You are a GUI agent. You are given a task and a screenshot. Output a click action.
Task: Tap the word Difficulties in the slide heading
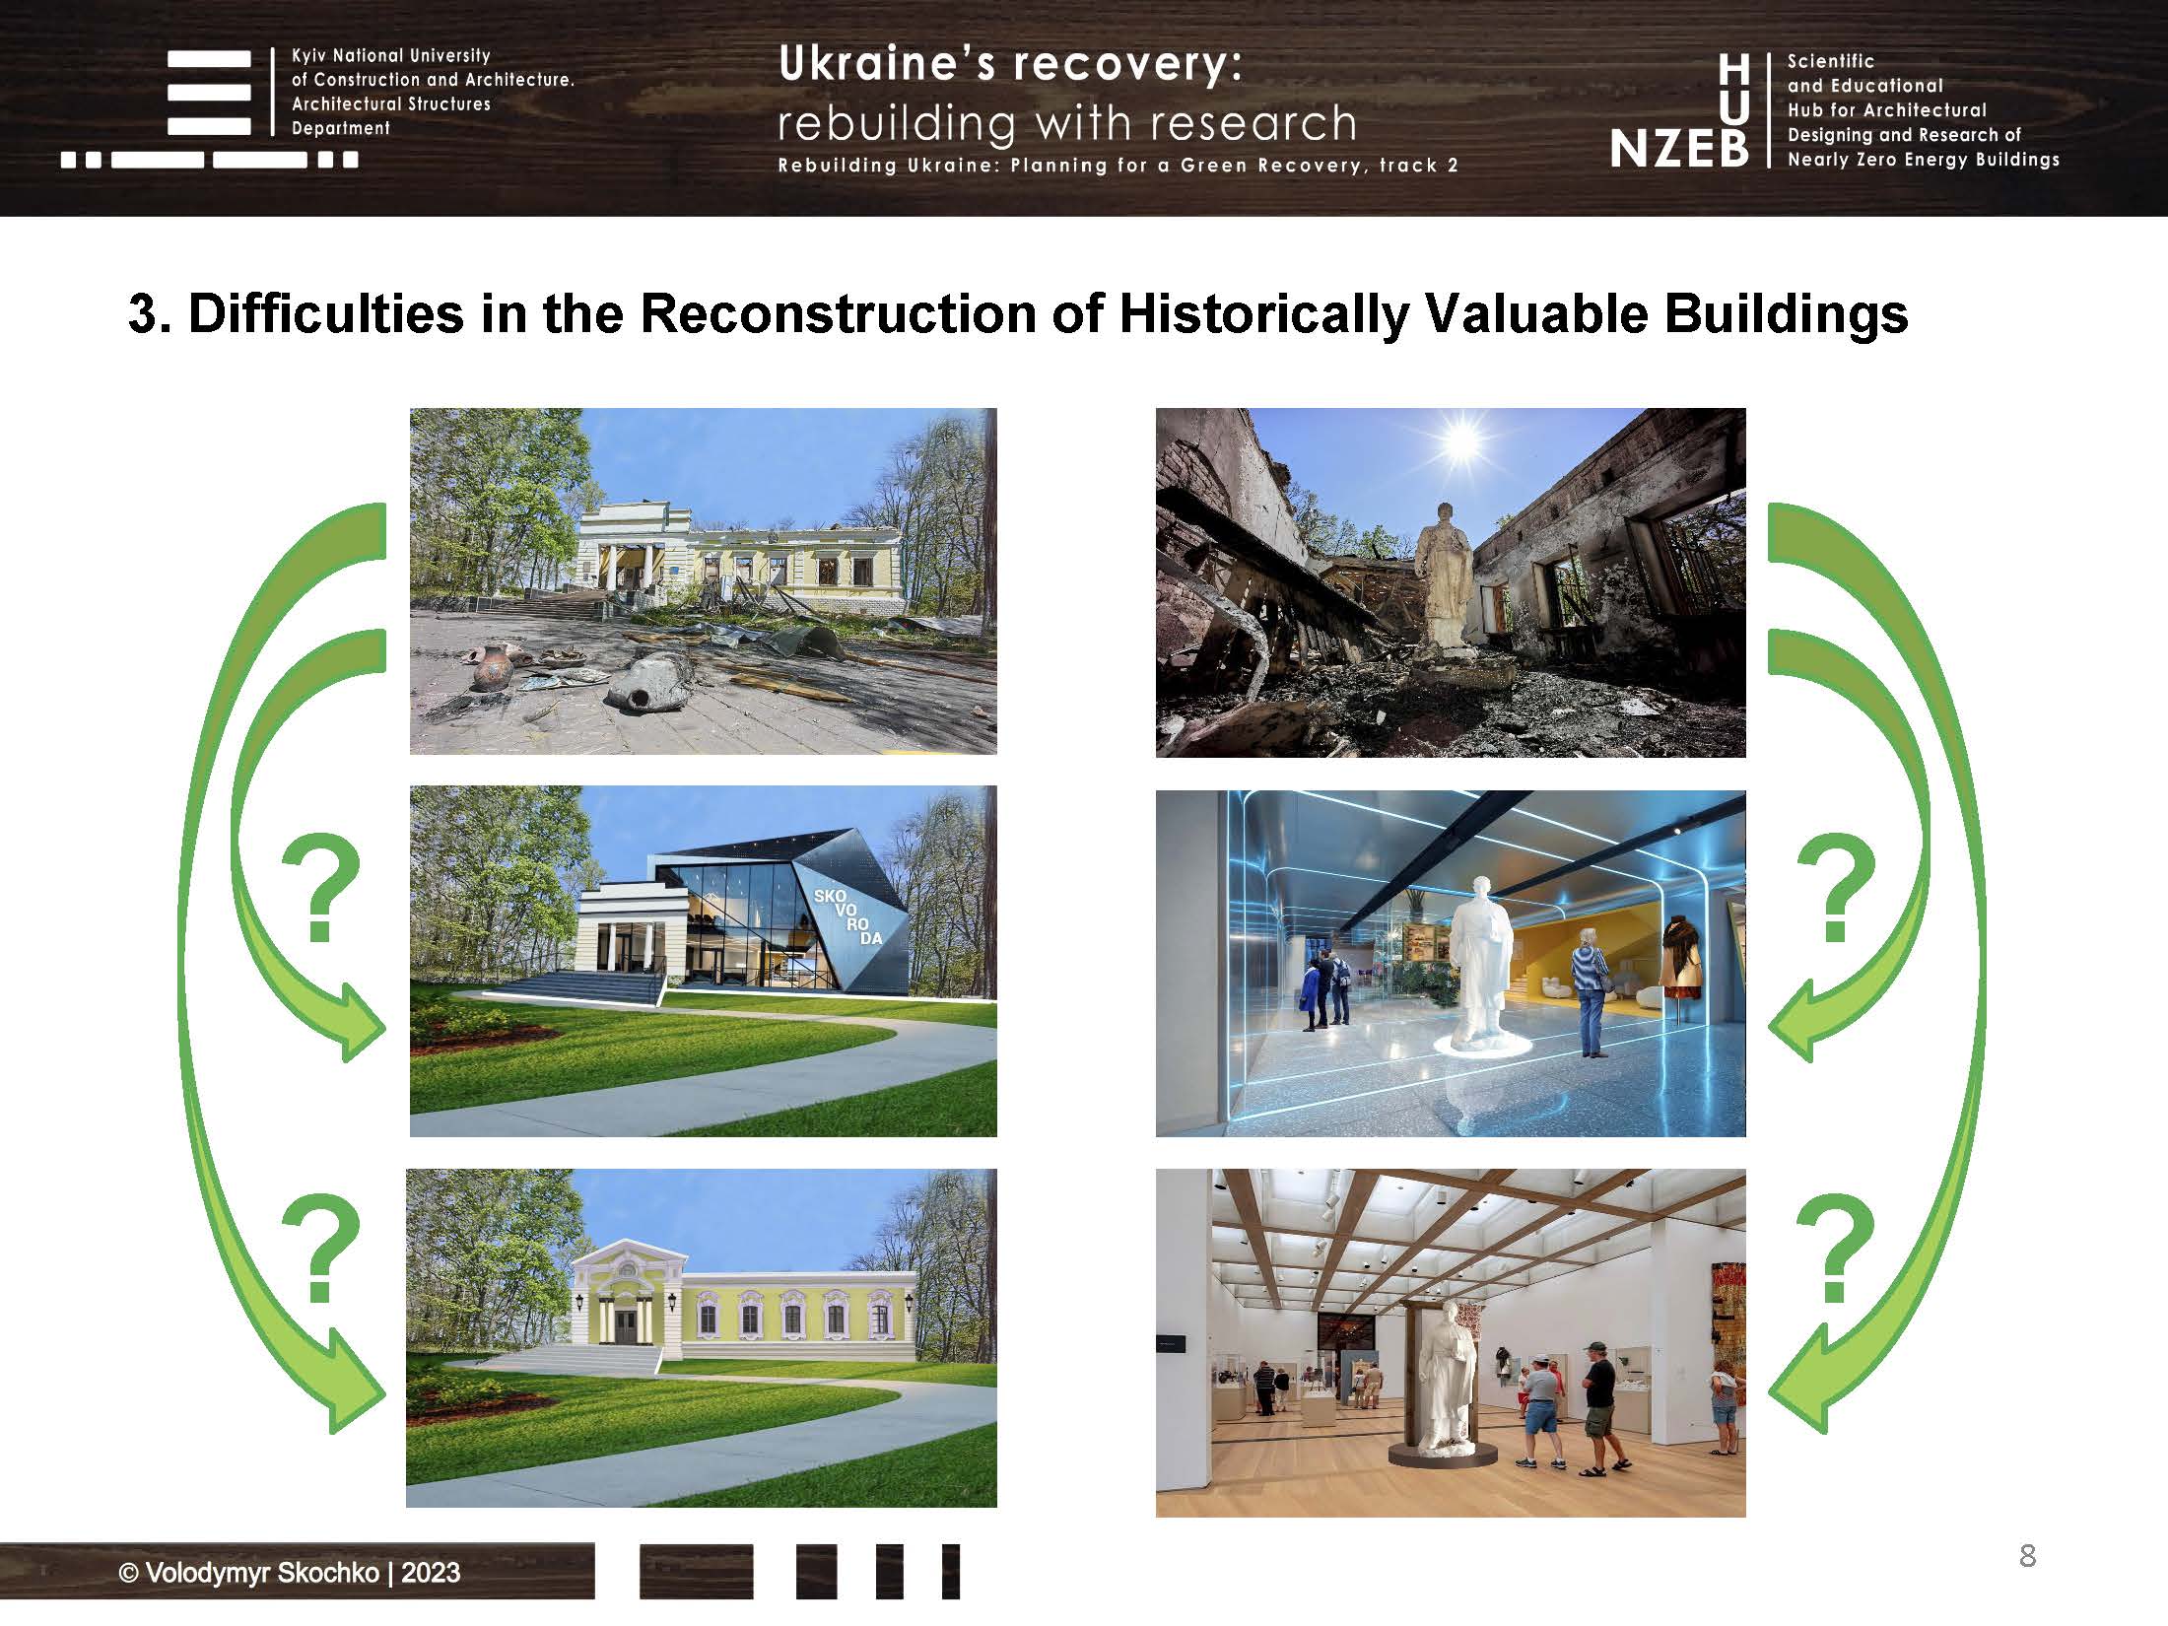tap(325, 313)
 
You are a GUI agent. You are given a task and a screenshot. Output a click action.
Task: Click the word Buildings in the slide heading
tap(1786, 313)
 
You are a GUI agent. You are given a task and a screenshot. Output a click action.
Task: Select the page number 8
tap(2027, 1555)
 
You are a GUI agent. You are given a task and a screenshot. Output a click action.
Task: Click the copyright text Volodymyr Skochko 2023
tap(289, 1572)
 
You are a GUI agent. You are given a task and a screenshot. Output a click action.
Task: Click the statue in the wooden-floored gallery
tap(1446, 1380)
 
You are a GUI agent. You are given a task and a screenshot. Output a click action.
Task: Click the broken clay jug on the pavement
tap(645, 682)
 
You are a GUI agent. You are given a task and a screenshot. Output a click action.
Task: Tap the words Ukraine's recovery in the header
tap(1010, 65)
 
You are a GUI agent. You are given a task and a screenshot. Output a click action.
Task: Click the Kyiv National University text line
tap(391, 56)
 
